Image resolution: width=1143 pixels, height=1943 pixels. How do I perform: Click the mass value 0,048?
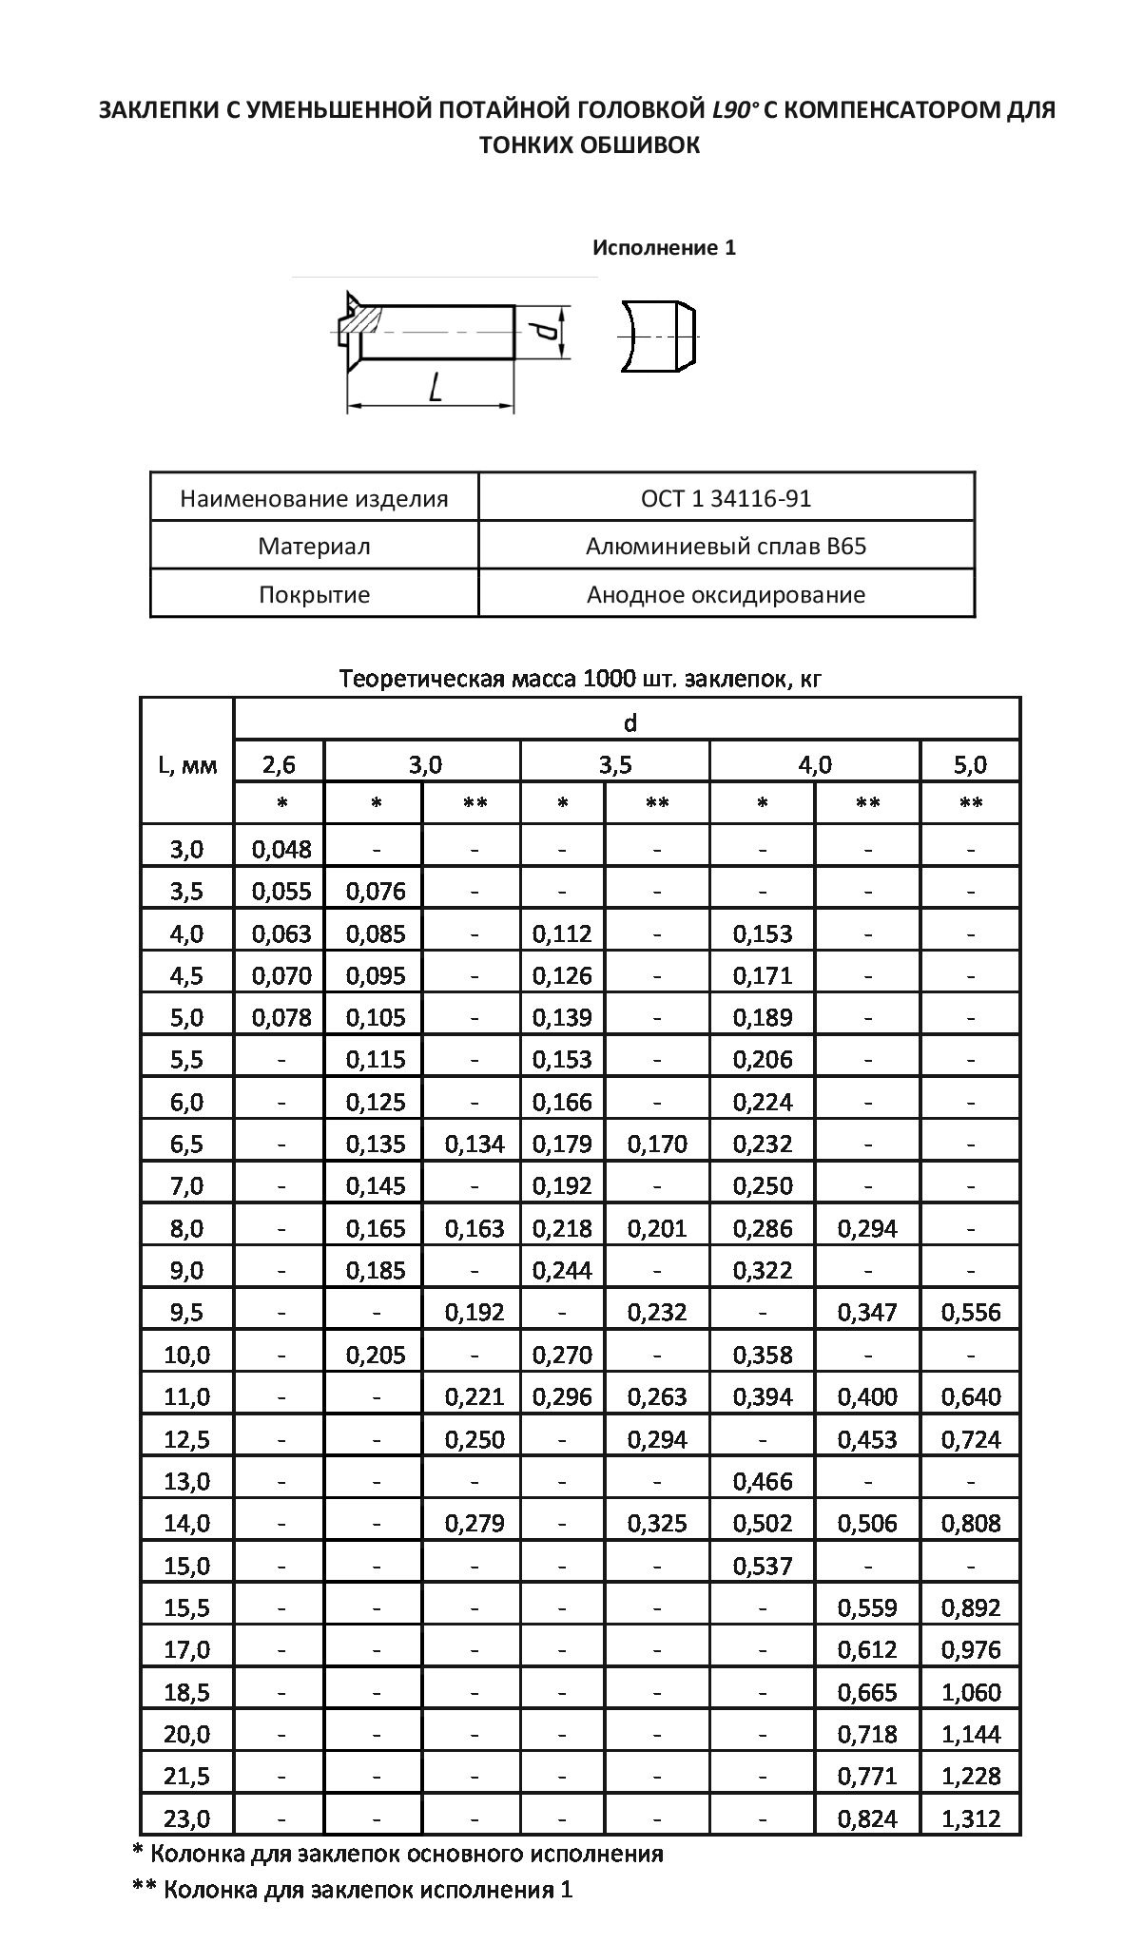tap(281, 849)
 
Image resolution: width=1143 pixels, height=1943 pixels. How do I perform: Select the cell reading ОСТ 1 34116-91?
tap(726, 498)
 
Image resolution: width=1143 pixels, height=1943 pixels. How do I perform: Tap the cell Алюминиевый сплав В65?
tap(726, 547)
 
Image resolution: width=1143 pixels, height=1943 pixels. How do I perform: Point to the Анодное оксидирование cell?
tap(726, 595)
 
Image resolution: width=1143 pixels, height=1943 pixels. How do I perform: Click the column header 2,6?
tap(280, 764)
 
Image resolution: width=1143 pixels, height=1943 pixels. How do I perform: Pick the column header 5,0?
tap(970, 764)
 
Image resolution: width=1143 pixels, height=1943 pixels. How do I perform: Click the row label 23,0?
tap(186, 1818)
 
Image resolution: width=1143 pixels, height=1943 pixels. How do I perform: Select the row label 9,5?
tap(186, 1313)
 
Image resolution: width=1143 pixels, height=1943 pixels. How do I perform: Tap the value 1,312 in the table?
tap(971, 1818)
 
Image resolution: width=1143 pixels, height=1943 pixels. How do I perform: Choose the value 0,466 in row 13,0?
tap(763, 1481)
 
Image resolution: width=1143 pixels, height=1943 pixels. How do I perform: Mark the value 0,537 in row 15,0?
tap(763, 1566)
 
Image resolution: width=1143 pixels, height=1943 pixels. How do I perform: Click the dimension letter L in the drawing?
tap(435, 387)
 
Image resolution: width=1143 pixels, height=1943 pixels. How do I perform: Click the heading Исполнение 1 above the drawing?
tap(664, 248)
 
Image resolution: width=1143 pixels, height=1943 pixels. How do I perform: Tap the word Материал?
tap(314, 547)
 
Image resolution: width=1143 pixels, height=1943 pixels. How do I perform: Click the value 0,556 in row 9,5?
tap(971, 1313)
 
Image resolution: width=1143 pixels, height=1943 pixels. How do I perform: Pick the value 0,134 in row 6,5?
tap(475, 1144)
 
